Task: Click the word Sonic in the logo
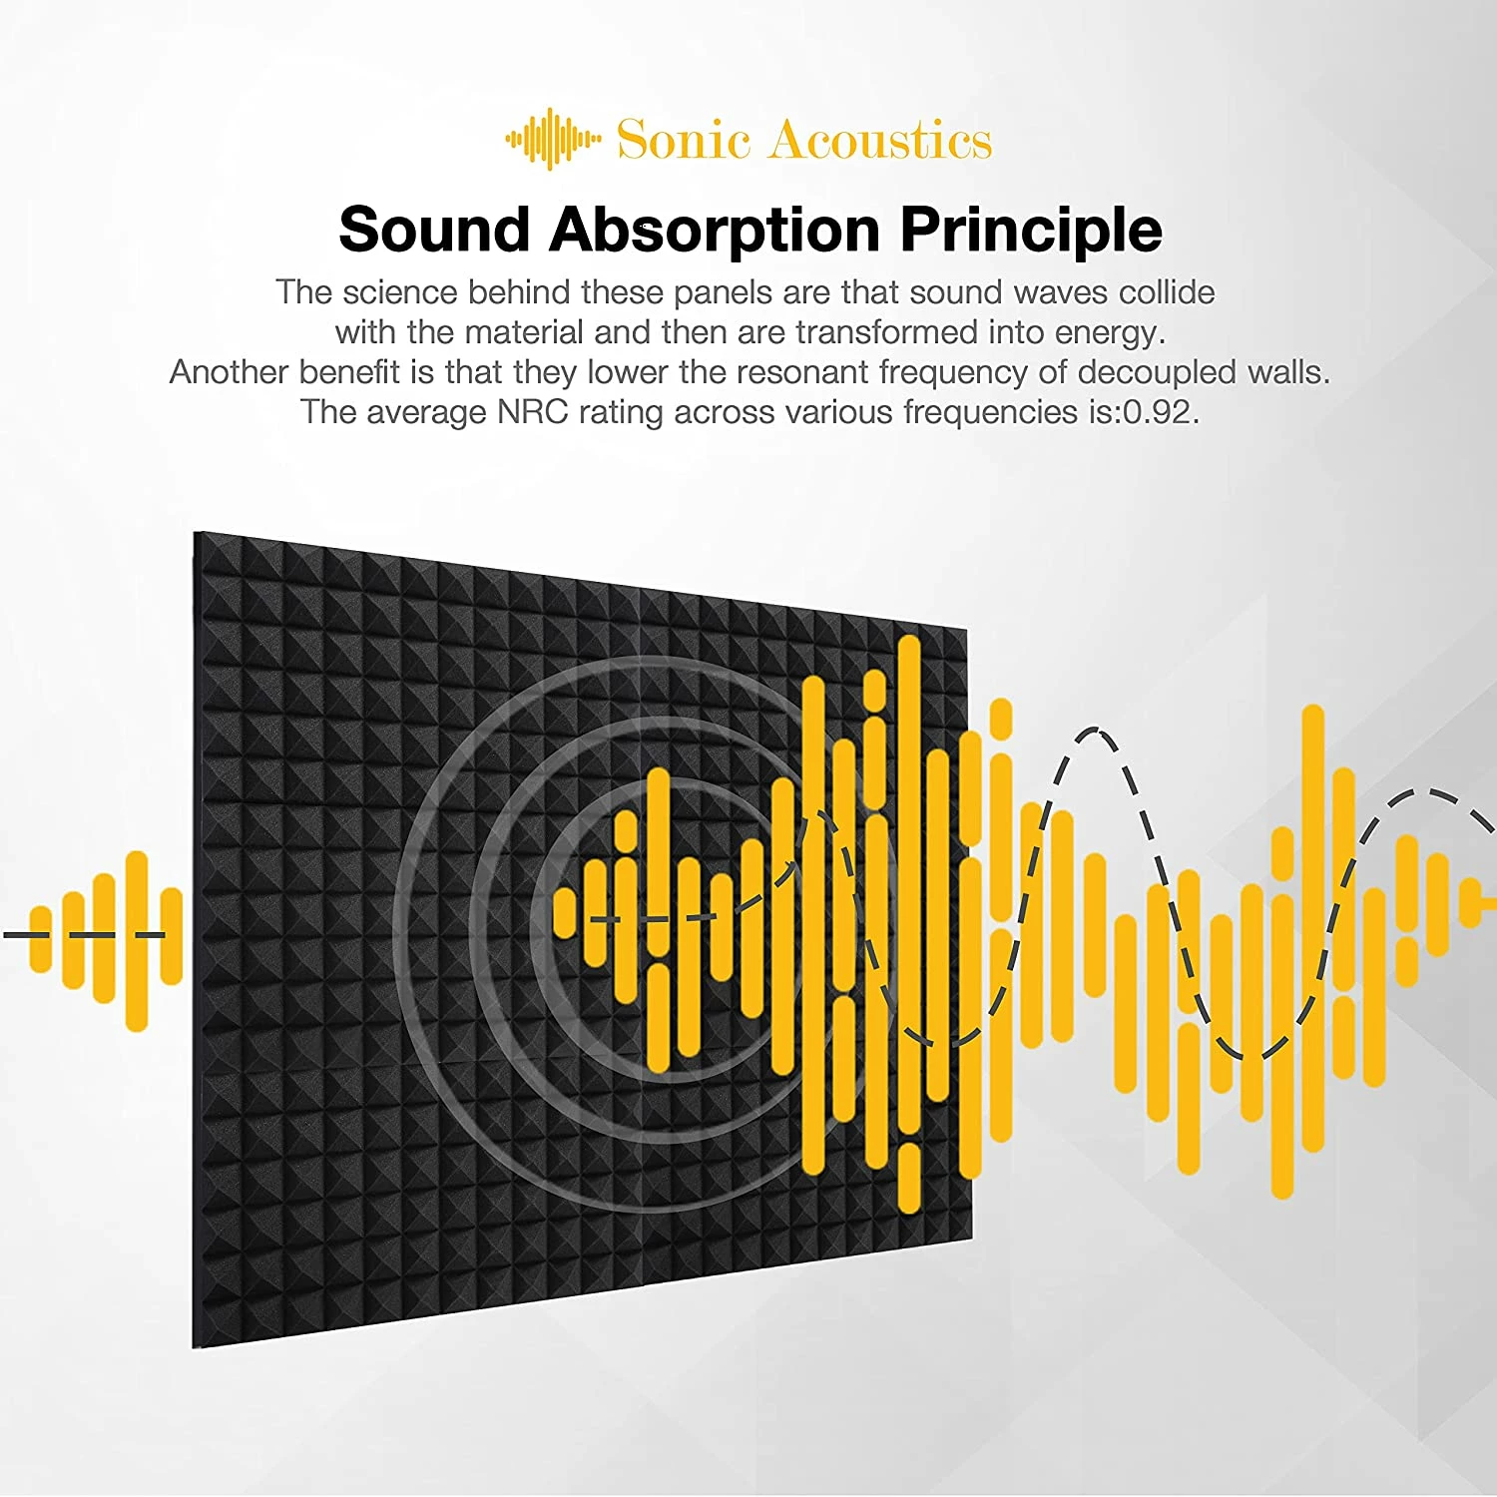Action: (x=683, y=140)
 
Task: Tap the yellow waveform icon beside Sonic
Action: (x=552, y=140)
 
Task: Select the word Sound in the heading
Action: (x=434, y=230)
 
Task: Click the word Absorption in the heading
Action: (x=714, y=232)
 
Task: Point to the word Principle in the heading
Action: (x=1031, y=232)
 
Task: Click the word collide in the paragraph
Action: (x=1166, y=292)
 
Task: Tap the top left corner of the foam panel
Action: (x=197, y=536)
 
